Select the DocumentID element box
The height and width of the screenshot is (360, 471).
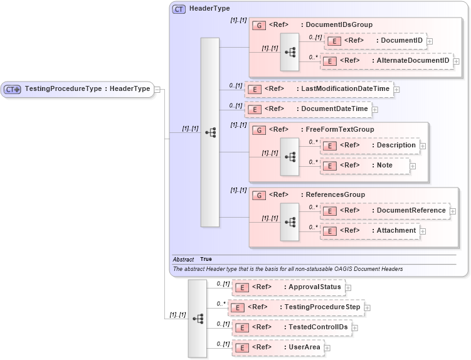pyautogui.click(x=375, y=41)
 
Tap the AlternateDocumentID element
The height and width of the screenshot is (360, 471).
pyautogui.click(x=386, y=61)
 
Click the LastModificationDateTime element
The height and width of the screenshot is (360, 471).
pyautogui.click(x=319, y=89)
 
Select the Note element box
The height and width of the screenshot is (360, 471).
pyautogui.click(x=364, y=166)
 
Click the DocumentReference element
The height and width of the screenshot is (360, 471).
pyautogui.click(x=385, y=211)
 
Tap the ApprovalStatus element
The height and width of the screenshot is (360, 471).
pyautogui.click(x=288, y=287)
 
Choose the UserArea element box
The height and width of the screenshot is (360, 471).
pyautogui.click(x=278, y=347)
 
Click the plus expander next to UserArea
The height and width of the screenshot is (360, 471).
pyautogui.click(x=327, y=348)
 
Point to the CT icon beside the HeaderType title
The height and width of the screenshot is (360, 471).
pyautogui.click(x=179, y=9)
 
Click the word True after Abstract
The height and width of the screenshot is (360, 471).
pyautogui.click(x=206, y=259)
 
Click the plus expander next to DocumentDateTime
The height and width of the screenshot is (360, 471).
pyautogui.click(x=375, y=110)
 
